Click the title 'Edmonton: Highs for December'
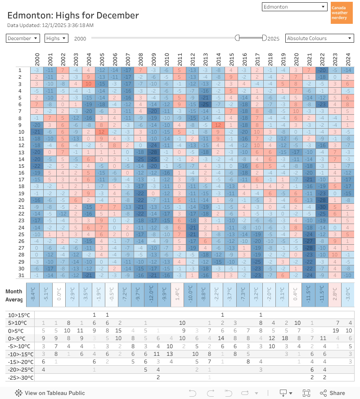[73, 15]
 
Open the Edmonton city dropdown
[294, 7]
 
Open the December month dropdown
[23, 39]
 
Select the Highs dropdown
[56, 39]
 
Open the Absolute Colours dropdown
[319, 39]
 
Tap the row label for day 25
[20, 234]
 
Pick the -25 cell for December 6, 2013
[206, 104]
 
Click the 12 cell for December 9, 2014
[218, 125]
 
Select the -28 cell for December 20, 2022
[322, 200]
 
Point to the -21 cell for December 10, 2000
[37, 132]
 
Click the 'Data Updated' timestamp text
[50, 25]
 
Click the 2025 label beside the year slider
[274, 39]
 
